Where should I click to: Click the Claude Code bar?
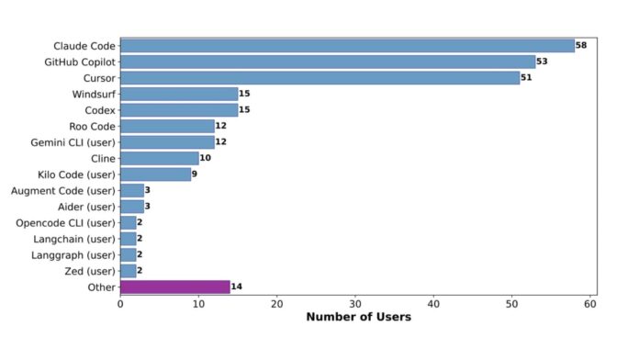coord(347,45)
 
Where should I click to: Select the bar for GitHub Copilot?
coord(328,62)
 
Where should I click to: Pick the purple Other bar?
coord(174,287)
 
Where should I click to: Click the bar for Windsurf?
coord(179,94)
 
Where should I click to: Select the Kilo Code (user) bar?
coord(155,174)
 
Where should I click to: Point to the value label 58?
coord(581,45)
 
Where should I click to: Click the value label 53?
coord(543,62)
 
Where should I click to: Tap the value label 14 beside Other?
coord(237,287)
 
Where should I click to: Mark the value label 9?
coord(195,174)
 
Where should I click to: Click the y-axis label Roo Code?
coord(92,126)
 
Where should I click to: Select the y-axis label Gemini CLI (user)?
coord(72,142)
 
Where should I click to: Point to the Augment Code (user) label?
coord(62,190)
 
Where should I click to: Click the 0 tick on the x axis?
coord(120,304)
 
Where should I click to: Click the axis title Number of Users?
coord(358,318)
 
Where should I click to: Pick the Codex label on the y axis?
coord(99,110)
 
